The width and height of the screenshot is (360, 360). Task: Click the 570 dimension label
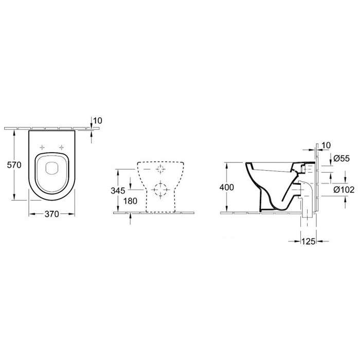point(14,165)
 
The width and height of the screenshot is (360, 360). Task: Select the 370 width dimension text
point(52,214)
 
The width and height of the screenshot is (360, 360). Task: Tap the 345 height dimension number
point(118,191)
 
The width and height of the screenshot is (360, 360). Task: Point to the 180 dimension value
point(130,201)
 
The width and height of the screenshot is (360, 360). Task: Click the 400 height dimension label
point(227,187)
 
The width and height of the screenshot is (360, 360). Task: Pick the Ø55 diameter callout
point(341,158)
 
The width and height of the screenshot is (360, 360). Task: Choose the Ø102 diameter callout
point(344,190)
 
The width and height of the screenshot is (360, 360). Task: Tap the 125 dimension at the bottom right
point(308,241)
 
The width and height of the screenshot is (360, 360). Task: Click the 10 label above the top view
point(98,120)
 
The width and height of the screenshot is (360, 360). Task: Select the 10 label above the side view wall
point(326,146)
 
